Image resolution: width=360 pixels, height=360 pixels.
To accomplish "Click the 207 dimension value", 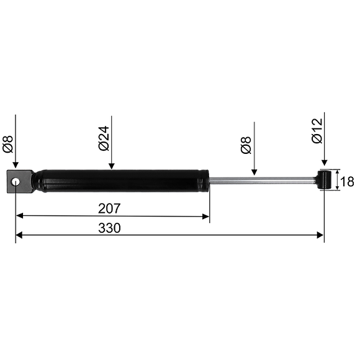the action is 109,209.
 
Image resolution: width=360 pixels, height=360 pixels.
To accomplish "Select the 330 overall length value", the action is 109,228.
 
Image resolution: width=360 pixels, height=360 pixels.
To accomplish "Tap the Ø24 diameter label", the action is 104,138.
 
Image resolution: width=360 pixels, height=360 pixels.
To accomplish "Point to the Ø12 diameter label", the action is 317,131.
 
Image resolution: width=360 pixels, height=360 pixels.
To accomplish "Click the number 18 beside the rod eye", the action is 347,182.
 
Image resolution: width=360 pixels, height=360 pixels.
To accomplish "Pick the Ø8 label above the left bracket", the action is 8,144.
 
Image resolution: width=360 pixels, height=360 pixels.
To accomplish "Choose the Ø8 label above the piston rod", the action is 246,145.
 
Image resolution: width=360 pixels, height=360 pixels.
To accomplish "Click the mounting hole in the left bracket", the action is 16,182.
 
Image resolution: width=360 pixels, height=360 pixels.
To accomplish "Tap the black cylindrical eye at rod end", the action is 324,180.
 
